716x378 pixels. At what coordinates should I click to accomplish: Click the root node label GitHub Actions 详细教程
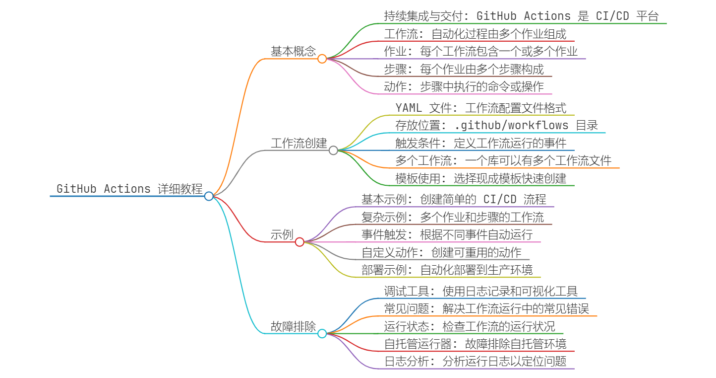tap(129, 189)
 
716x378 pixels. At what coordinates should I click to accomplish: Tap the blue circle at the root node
tap(209, 196)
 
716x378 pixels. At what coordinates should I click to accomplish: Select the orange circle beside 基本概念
tap(322, 59)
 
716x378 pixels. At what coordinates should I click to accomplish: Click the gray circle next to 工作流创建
tap(333, 150)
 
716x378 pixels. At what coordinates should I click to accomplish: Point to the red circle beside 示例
tap(299, 242)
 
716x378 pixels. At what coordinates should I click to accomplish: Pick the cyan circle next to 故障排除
tap(322, 333)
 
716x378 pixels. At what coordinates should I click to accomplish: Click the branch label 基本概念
tap(293, 51)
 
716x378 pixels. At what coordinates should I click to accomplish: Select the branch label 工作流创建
tap(299, 143)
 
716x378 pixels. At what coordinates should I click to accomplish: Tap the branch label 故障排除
tap(293, 326)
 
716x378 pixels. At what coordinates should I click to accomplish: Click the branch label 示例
tap(282, 234)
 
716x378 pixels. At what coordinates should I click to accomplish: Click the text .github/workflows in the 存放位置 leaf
tap(511, 125)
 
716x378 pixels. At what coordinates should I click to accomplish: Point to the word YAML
tap(409, 108)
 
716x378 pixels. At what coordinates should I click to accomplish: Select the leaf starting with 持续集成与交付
tap(521, 16)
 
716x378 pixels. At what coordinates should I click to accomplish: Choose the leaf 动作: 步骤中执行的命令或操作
tap(464, 86)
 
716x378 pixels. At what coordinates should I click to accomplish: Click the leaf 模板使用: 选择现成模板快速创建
tap(481, 178)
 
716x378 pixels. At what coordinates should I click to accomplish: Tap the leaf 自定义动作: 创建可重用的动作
tap(441, 252)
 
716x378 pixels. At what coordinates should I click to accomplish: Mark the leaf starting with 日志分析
tap(476, 361)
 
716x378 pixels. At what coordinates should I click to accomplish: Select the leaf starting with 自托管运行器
tap(476, 344)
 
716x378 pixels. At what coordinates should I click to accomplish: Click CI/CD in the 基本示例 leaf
tap(500, 199)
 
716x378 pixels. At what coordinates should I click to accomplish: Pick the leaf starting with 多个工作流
tap(503, 160)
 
